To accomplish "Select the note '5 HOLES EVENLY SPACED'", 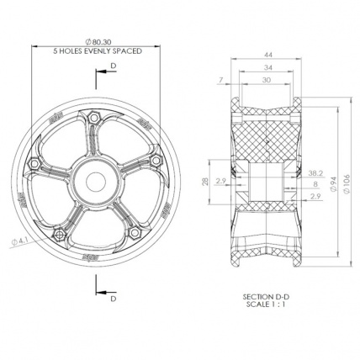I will [98, 51].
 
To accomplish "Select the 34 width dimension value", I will [267, 67].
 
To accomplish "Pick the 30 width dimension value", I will [267, 80].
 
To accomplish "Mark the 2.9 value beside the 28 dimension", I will [220, 180].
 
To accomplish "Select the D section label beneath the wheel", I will [111, 297].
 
